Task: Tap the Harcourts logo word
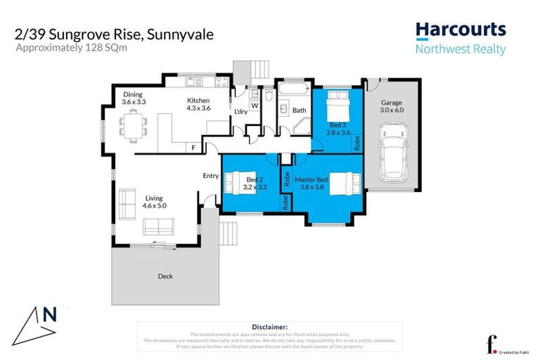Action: click(x=460, y=30)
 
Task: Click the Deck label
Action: click(x=165, y=276)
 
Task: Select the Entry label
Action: click(x=210, y=176)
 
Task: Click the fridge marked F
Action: click(x=194, y=148)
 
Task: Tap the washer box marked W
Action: click(x=255, y=105)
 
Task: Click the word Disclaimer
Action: click(x=269, y=327)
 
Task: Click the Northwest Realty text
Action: click(x=460, y=49)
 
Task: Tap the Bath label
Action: click(x=299, y=110)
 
